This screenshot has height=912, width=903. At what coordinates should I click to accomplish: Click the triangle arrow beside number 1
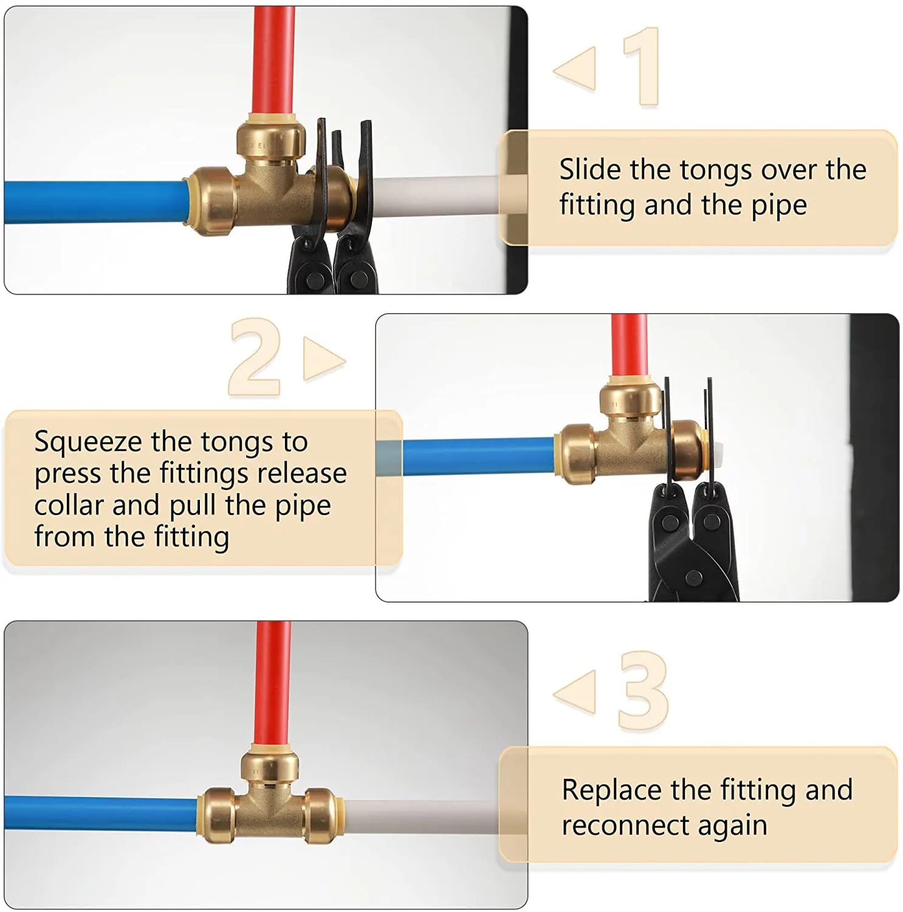click(574, 69)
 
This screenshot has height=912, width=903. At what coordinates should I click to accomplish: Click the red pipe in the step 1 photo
click(274, 60)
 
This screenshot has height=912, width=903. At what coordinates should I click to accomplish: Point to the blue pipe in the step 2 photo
click(478, 456)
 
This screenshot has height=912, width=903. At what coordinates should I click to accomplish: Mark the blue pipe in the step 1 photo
click(94, 202)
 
